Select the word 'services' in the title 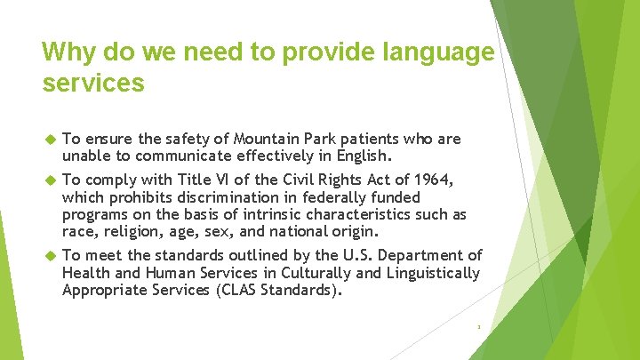coord(92,84)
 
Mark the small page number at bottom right coord(478,327)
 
